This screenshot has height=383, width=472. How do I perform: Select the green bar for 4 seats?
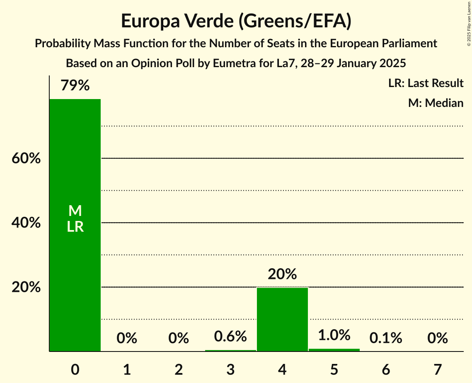point(282,319)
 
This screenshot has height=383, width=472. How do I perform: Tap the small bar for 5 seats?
point(334,350)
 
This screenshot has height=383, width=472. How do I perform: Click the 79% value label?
point(75,86)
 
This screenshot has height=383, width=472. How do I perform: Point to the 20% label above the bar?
point(282,274)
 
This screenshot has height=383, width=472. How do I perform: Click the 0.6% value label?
point(230,336)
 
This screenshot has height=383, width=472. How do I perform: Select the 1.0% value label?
point(334,335)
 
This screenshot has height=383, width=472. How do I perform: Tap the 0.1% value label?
point(386,338)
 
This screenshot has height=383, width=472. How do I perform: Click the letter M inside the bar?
point(75,211)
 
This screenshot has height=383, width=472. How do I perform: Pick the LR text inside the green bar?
point(75,227)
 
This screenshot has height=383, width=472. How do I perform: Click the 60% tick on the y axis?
point(26,158)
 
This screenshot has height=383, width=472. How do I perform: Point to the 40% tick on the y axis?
point(26,223)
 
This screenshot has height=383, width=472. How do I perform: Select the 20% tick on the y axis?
point(26,287)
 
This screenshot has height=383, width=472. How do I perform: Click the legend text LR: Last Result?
point(426,83)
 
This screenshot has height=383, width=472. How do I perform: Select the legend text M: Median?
point(436,103)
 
